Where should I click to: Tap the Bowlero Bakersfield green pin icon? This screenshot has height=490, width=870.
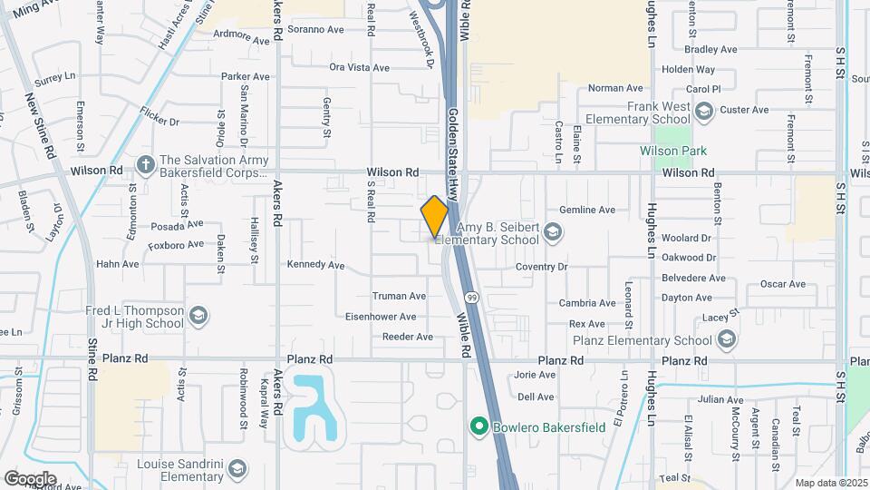(478, 425)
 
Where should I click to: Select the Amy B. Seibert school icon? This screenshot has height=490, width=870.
(552, 234)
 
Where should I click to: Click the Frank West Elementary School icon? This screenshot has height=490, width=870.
(704, 111)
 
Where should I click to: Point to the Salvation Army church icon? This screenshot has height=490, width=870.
(144, 164)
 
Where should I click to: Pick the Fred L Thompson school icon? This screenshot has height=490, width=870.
(198, 316)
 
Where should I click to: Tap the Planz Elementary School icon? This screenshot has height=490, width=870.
(725, 340)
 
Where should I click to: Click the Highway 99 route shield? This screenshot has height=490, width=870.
(472, 297)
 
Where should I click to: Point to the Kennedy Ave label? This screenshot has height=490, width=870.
(315, 266)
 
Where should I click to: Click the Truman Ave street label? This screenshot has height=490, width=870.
(399, 296)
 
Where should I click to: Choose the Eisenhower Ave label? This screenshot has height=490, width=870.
(381, 317)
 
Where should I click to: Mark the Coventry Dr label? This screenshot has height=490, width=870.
(540, 267)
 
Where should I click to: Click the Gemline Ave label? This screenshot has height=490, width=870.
(587, 210)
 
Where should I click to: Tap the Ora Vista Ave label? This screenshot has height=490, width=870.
(359, 67)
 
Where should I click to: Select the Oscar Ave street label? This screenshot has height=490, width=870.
(783, 284)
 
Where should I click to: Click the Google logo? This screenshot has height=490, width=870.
(30, 478)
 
